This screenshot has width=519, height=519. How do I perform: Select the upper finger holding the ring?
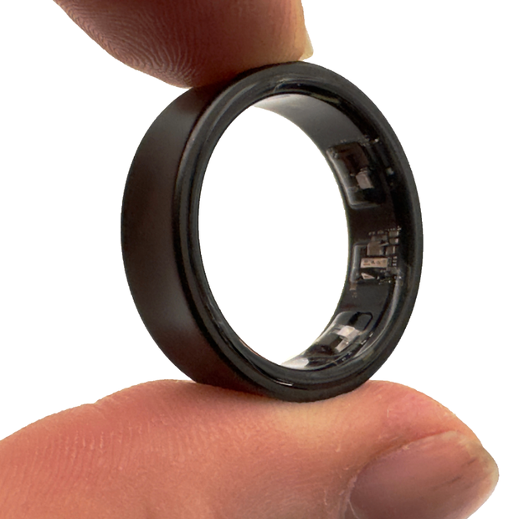167,33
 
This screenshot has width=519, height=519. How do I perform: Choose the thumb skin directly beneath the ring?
251,427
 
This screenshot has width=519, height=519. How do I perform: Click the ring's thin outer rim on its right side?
414,251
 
